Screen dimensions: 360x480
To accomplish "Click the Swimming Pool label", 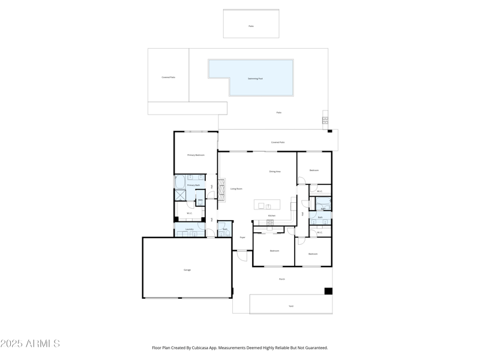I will [x=256, y=79].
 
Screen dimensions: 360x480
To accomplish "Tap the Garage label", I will [x=187, y=270].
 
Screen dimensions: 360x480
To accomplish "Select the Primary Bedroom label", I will [x=196, y=155].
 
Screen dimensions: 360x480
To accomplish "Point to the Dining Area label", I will [x=275, y=172].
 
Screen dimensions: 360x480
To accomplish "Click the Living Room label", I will [x=236, y=189].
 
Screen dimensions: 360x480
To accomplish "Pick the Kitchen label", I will [x=272, y=215].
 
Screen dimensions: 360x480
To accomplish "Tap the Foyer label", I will [x=243, y=238].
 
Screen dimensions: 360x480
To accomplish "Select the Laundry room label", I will [x=189, y=229].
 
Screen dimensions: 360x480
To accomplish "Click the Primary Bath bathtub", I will [x=180, y=182].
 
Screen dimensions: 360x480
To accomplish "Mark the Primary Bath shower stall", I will [x=180, y=195].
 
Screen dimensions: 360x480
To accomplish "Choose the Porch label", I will [x=282, y=279].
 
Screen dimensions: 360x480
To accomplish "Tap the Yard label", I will [x=291, y=306].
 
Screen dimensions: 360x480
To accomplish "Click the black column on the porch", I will [x=328, y=292].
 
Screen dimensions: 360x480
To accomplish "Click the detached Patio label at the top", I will [x=251, y=26].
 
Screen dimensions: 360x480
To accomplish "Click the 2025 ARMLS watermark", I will [x=30, y=344].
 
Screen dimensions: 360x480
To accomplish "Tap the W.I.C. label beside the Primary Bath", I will [x=189, y=213].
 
